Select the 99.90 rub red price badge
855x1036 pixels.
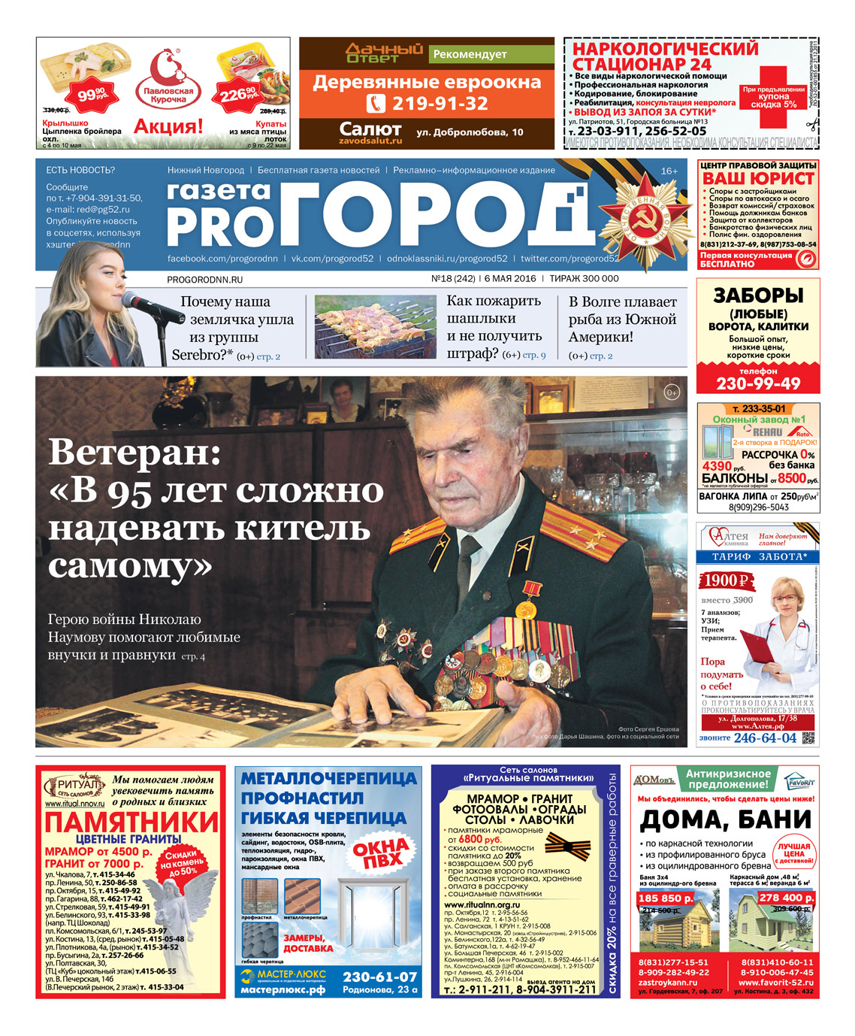click(x=91, y=94)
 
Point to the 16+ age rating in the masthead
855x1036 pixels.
click(x=669, y=171)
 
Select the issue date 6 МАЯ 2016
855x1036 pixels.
click(x=509, y=278)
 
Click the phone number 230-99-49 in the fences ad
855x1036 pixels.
click(x=758, y=383)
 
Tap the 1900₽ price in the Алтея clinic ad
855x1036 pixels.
click(x=727, y=580)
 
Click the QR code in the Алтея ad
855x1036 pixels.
click(x=808, y=737)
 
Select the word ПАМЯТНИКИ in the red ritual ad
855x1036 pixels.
click(x=131, y=822)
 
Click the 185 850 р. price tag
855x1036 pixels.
click(x=665, y=898)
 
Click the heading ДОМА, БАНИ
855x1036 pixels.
click(x=725, y=819)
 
